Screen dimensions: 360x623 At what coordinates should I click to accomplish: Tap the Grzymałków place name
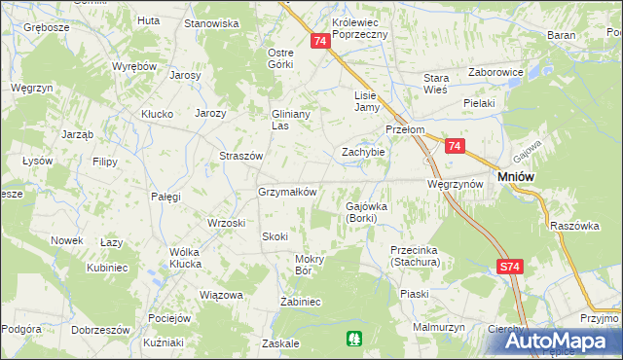pos(287,192)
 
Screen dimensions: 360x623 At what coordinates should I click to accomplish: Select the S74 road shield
pos(509,267)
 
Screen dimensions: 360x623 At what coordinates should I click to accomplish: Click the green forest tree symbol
pos(352,338)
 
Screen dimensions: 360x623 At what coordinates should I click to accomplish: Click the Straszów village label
pos(241,156)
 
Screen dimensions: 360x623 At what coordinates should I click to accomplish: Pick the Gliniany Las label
pos(293,119)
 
